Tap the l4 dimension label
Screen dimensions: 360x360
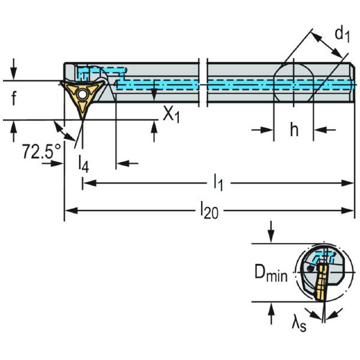tap(83, 164)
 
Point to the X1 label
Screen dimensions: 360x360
tap(172, 114)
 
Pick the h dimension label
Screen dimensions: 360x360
tap(294, 130)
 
